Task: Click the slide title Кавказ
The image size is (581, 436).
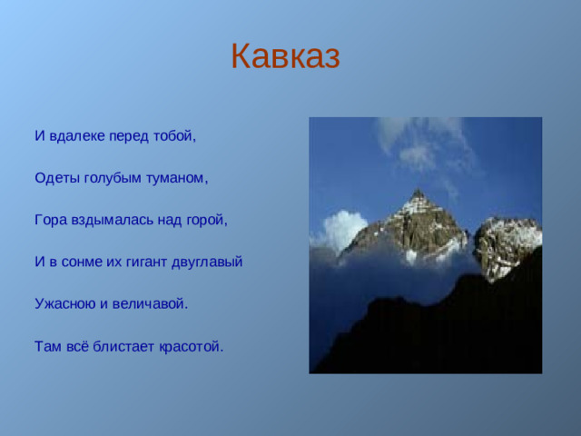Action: [x=285, y=56]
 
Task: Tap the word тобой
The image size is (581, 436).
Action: [x=176, y=137]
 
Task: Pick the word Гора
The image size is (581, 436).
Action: [x=50, y=221]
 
